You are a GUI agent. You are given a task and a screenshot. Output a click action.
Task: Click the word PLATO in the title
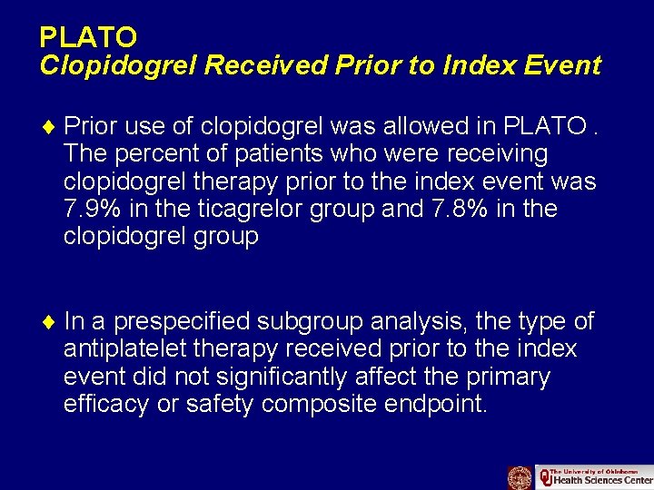click(x=88, y=37)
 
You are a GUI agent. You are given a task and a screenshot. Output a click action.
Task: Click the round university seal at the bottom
click(x=520, y=477)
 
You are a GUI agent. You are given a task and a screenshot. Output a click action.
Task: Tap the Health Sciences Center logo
click(x=594, y=477)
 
